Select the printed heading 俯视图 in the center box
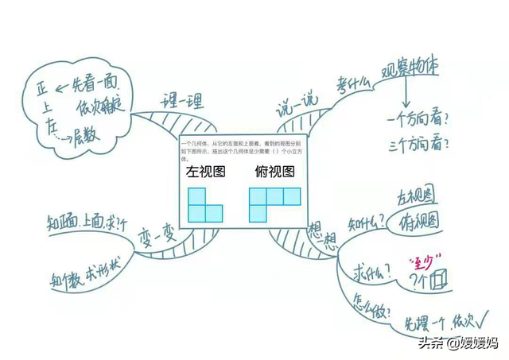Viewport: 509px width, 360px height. coord(274,171)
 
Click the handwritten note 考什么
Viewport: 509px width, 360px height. coord(352,83)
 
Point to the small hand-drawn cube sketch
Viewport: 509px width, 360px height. coord(440,280)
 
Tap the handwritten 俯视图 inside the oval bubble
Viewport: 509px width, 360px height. coord(418,220)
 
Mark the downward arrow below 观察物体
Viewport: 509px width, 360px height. coord(406,96)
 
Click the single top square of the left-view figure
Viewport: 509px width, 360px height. coord(195,196)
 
